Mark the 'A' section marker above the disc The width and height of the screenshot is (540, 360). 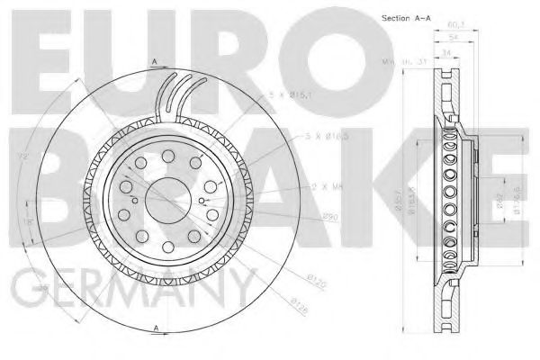click(x=154, y=61)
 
